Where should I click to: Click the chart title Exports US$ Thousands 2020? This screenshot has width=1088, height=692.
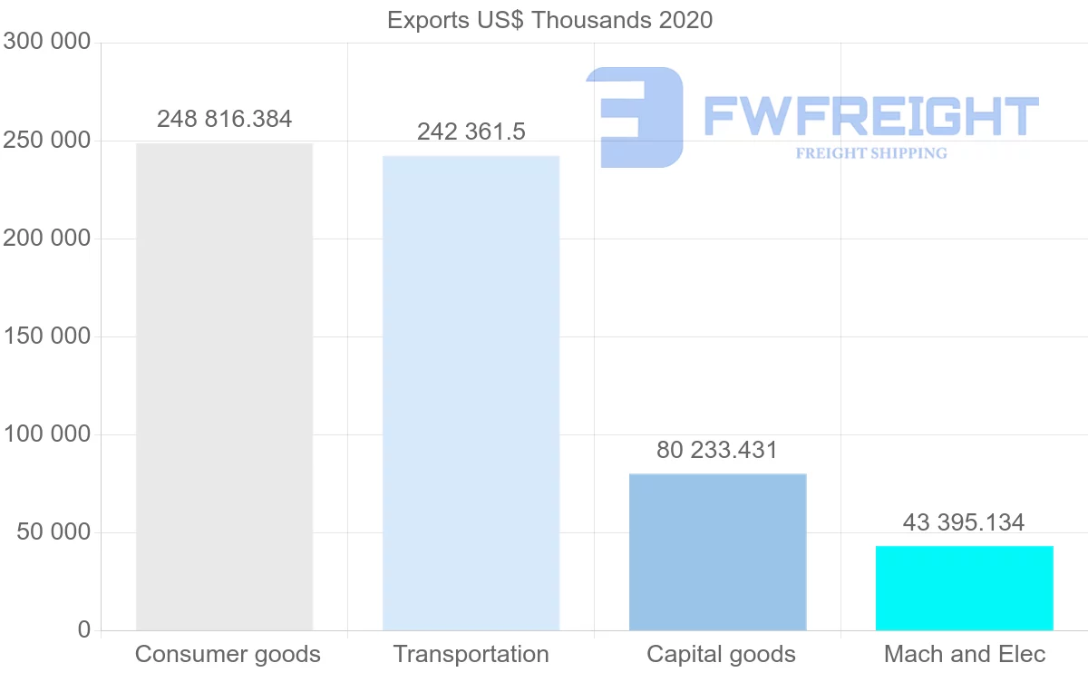coord(549,20)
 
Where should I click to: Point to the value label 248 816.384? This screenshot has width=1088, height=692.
coord(225,119)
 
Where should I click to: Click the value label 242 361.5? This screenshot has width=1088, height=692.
coord(471,132)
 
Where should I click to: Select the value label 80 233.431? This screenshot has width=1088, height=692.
coord(717,450)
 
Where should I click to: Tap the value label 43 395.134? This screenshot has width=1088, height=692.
coord(964,522)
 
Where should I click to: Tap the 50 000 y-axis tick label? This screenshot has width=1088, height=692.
coord(54,532)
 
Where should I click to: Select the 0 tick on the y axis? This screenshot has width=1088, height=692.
coord(84,629)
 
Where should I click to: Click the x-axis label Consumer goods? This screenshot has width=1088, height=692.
coord(228,654)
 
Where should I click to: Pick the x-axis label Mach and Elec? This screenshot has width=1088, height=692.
coord(965,654)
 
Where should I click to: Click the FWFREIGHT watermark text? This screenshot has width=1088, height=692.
coord(870,116)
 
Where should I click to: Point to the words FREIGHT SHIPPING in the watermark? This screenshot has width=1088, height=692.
coord(871,153)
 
